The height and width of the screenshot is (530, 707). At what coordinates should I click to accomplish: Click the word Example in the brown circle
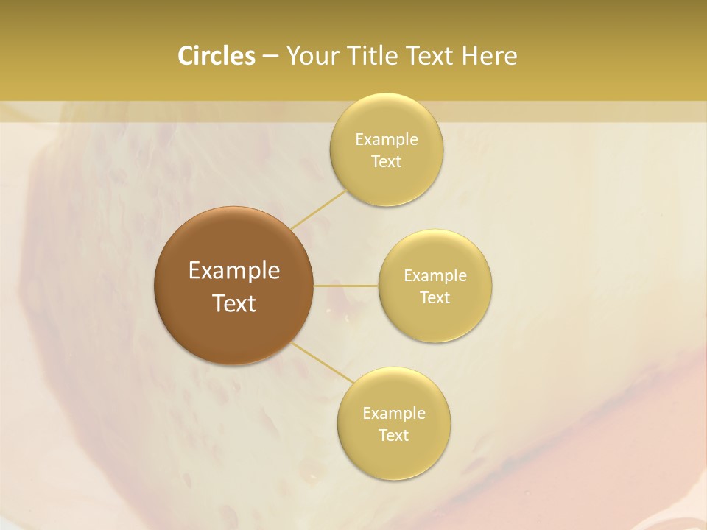click(x=234, y=271)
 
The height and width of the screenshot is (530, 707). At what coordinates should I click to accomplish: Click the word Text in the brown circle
click(x=234, y=303)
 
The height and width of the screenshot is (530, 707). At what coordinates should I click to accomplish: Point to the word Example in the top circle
click(x=387, y=140)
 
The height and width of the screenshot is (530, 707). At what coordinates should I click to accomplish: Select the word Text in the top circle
click(x=386, y=162)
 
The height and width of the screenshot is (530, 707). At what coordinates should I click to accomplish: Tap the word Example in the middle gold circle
click(x=435, y=276)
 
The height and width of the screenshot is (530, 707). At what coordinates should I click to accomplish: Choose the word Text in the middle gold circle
click(x=435, y=298)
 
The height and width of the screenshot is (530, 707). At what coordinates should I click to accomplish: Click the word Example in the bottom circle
click(x=394, y=414)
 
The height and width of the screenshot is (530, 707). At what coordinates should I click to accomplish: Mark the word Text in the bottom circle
click(x=393, y=436)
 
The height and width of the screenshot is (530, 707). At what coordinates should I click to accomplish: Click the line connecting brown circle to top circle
click(x=318, y=209)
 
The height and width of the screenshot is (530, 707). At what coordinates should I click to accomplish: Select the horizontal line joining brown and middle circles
click(x=346, y=286)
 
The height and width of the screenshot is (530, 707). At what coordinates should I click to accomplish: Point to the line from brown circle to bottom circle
click(x=321, y=363)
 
